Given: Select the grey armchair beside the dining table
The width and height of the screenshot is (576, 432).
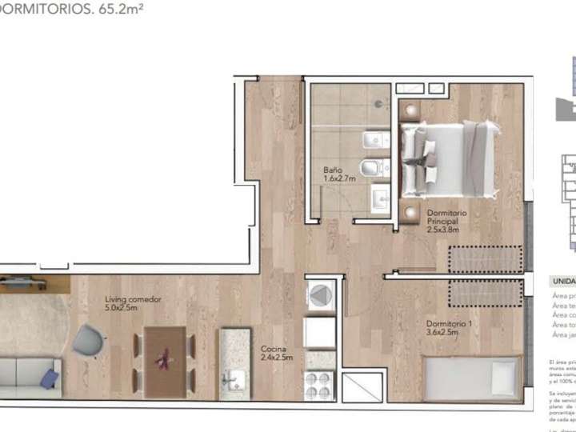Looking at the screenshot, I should [89, 343].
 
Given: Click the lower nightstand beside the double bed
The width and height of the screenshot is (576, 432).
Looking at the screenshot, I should [410, 214].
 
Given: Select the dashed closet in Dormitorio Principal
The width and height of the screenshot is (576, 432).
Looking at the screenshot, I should [483, 261].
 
